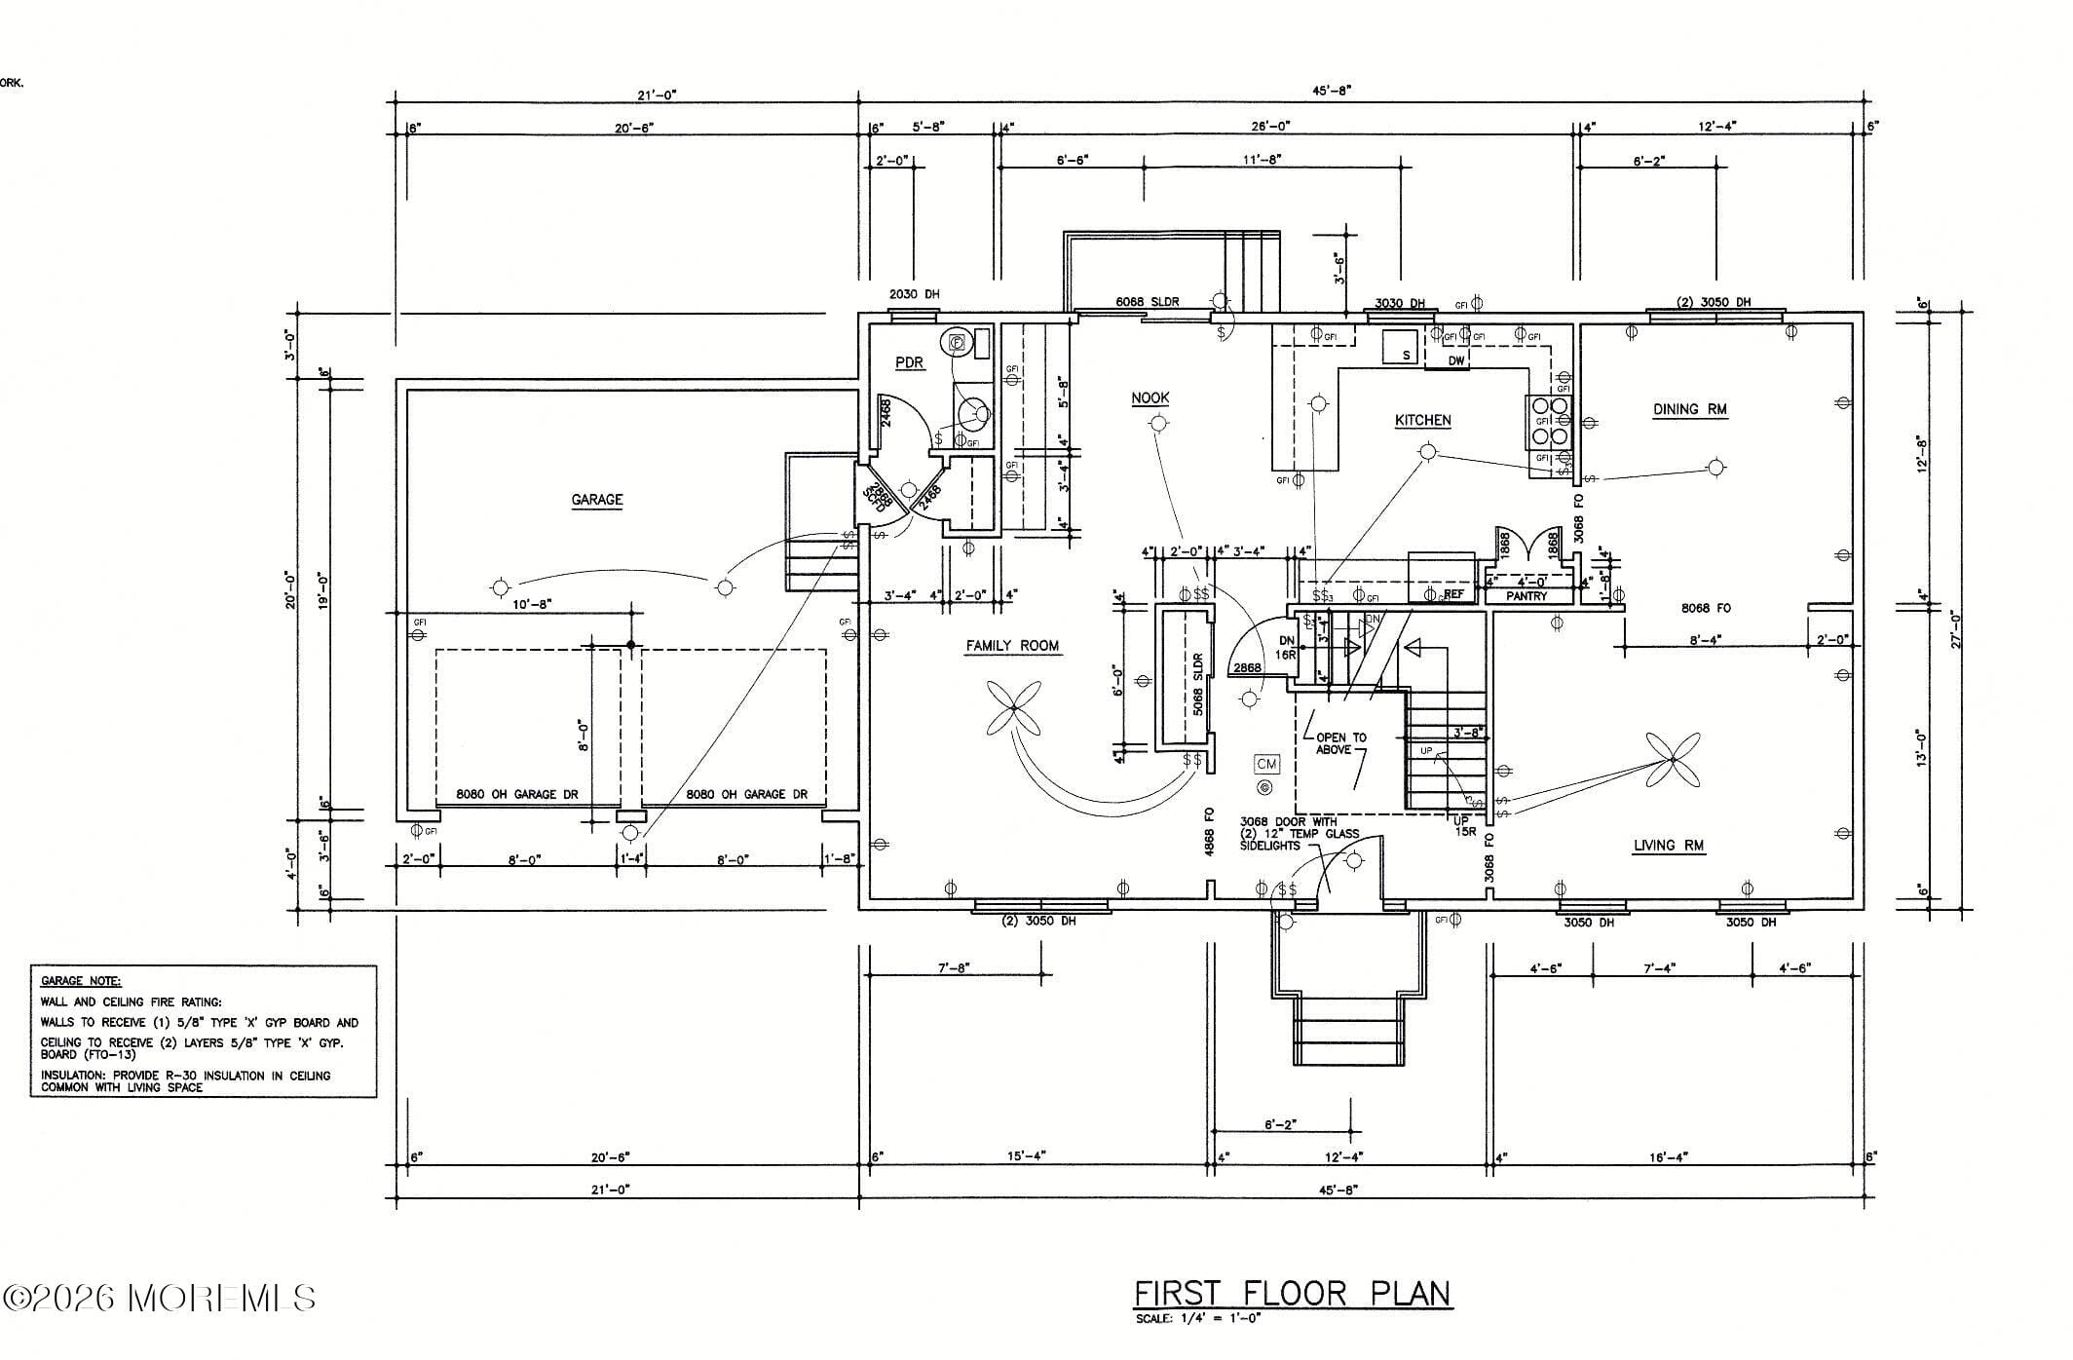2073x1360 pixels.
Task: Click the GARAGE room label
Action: (x=596, y=500)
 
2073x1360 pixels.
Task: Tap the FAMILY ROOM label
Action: (x=1012, y=646)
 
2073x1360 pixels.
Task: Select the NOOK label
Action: (x=1150, y=397)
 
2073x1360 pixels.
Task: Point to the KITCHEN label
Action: (x=1422, y=420)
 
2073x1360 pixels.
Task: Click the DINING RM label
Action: (x=1689, y=409)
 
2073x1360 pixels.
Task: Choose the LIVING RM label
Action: (x=1668, y=845)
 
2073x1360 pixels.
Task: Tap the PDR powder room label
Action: (x=909, y=362)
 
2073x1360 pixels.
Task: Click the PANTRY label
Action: (x=1526, y=596)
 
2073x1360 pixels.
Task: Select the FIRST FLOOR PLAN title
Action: (x=1292, y=1294)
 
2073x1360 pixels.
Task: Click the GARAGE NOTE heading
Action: (x=81, y=981)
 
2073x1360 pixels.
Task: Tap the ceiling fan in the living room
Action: (x=1673, y=760)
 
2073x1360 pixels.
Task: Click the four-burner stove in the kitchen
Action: (x=1549, y=422)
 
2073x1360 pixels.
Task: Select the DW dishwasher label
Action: (x=1455, y=360)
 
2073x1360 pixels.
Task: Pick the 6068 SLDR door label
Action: (x=1147, y=301)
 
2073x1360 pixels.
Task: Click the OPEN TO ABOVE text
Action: (x=1340, y=743)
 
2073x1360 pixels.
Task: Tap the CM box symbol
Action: (x=1265, y=764)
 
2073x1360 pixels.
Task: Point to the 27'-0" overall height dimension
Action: (x=1954, y=628)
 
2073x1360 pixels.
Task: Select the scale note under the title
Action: (x=1197, y=1319)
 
